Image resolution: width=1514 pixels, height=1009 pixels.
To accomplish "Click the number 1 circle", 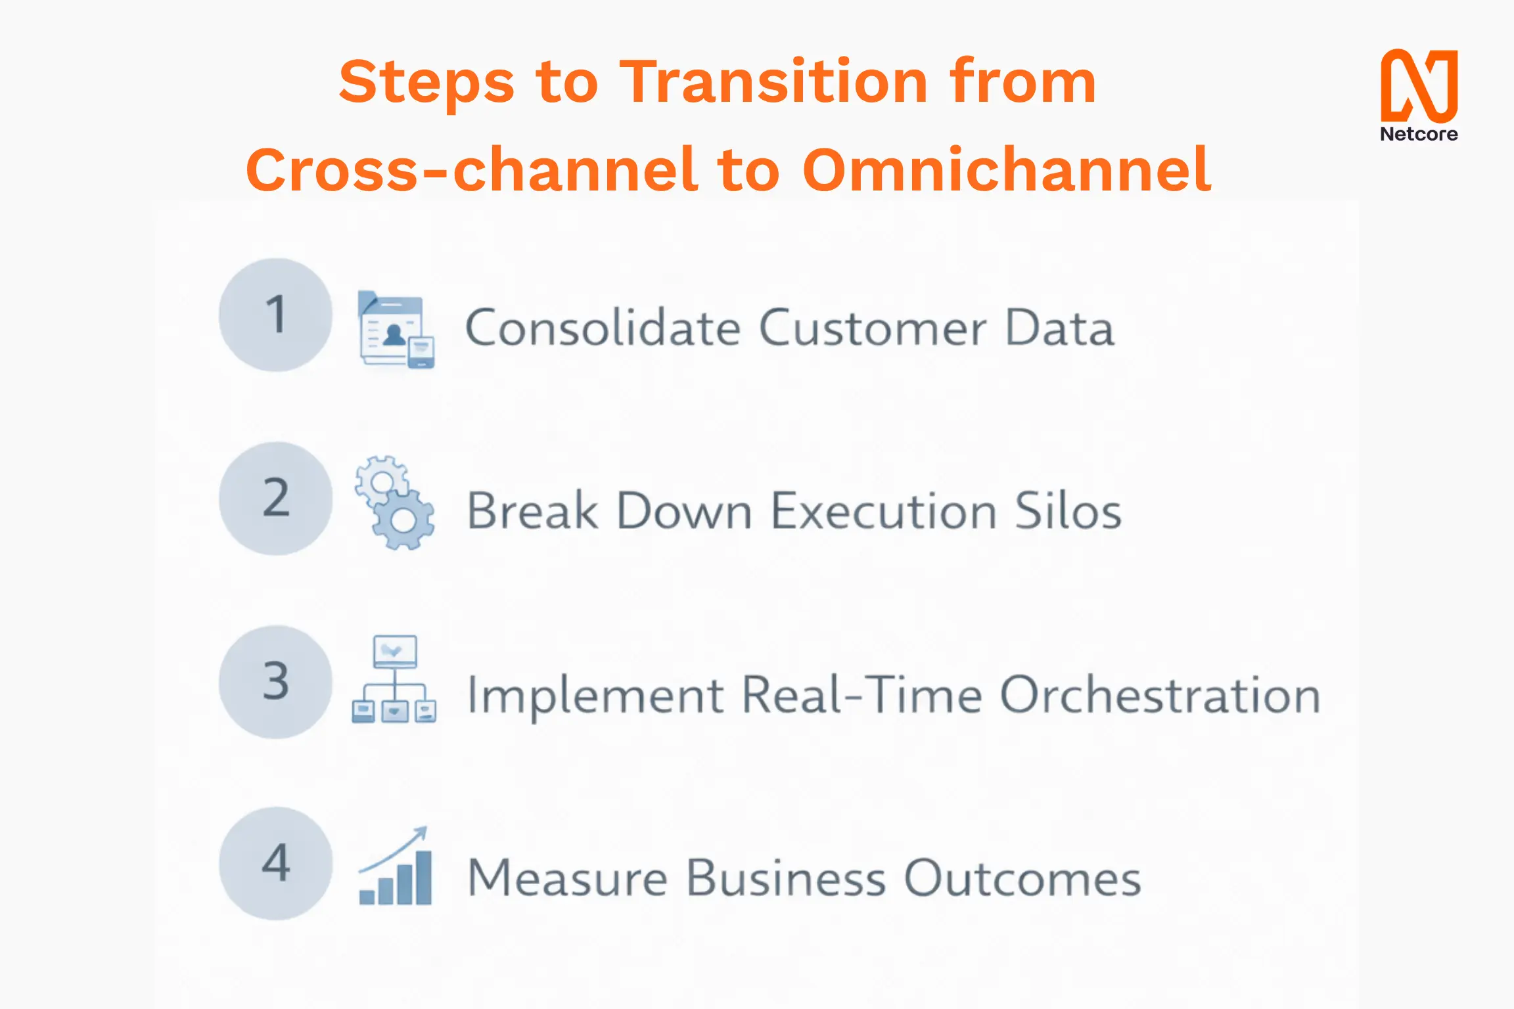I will [275, 315].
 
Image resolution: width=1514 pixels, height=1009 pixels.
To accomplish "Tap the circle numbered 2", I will [275, 498].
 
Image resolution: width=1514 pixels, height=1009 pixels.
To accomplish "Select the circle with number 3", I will [275, 681].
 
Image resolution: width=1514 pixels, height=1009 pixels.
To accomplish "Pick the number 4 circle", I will [275, 863].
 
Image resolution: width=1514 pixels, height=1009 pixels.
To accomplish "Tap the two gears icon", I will [395, 503].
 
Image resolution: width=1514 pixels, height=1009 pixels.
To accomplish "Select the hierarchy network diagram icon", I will [394, 680].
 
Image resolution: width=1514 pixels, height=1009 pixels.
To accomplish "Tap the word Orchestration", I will [1160, 695].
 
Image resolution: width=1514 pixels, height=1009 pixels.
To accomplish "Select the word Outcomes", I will [1022, 878].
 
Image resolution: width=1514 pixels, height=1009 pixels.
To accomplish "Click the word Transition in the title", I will [773, 82].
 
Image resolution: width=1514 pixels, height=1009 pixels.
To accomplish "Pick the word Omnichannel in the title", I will [1007, 170].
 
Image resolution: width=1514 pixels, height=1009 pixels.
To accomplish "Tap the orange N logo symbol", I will [1419, 85].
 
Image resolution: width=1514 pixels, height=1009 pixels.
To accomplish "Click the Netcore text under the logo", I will [1419, 134].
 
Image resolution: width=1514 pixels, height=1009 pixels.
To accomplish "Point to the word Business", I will [786, 878].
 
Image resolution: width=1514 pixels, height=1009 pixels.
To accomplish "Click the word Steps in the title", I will [426, 82].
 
